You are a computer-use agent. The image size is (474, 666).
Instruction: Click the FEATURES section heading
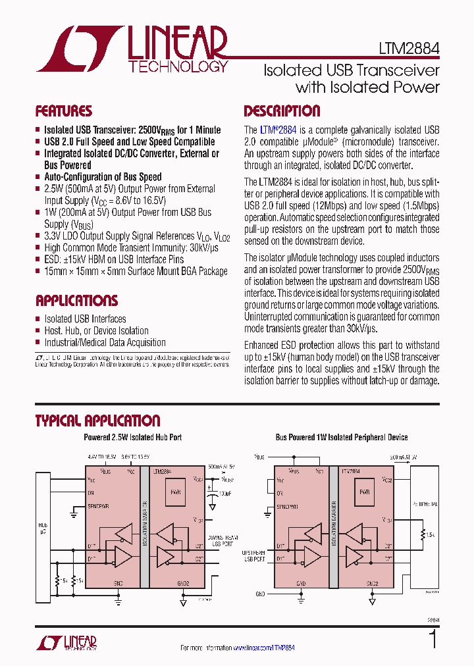(64, 111)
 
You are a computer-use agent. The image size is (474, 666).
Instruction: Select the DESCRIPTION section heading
(282, 111)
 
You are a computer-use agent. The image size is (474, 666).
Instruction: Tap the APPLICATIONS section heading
(76, 301)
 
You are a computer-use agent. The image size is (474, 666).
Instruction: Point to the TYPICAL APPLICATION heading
(97, 421)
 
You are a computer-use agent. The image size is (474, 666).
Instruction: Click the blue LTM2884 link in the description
(278, 130)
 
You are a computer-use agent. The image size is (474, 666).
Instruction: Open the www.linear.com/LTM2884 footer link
(264, 648)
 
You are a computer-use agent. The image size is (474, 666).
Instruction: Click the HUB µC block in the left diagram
(43, 526)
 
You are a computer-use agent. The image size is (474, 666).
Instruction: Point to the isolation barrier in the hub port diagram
(144, 526)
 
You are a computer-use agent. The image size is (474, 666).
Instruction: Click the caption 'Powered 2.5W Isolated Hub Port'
(133, 437)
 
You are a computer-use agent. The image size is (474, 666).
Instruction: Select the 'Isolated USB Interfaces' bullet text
(85, 319)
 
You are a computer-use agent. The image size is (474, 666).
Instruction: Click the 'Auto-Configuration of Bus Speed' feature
(103, 177)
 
